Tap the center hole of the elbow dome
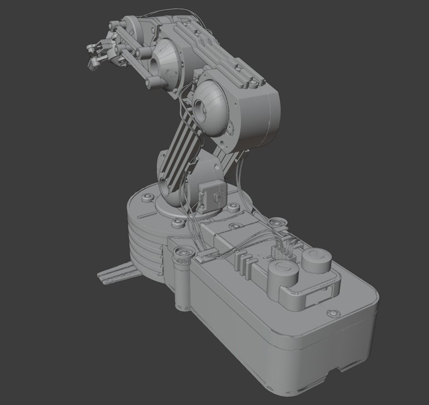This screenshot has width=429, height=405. [200, 108]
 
